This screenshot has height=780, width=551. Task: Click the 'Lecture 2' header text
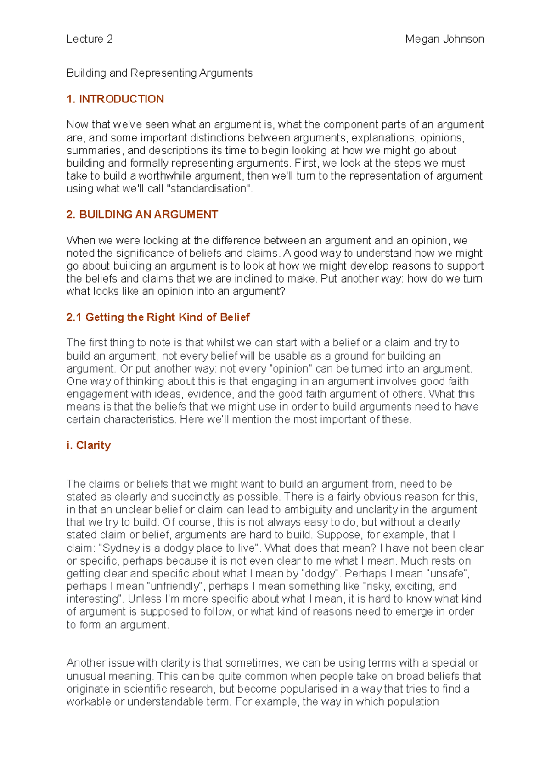click(90, 39)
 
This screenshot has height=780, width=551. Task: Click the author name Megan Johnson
click(444, 39)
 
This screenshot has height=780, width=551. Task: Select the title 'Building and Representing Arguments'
click(159, 73)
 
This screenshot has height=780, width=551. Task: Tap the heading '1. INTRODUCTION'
click(115, 99)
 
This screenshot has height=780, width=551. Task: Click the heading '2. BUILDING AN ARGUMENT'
click(142, 215)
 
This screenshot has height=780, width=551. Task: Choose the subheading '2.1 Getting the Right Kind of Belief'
click(158, 317)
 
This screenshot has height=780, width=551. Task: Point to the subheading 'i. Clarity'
click(89, 445)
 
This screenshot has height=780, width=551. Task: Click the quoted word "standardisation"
click(210, 188)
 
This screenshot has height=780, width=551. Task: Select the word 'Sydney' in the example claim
click(121, 548)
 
